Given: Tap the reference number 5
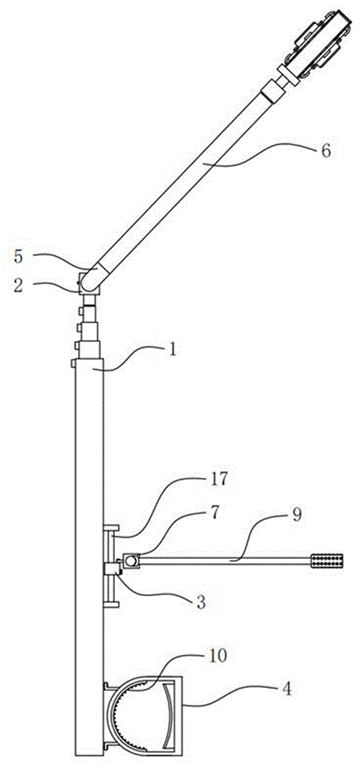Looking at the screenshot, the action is coord(18,257).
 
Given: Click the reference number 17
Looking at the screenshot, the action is coord(219,480).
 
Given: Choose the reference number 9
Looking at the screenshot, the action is coord(297,515).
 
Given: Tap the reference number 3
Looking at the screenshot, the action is coord(199,602).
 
